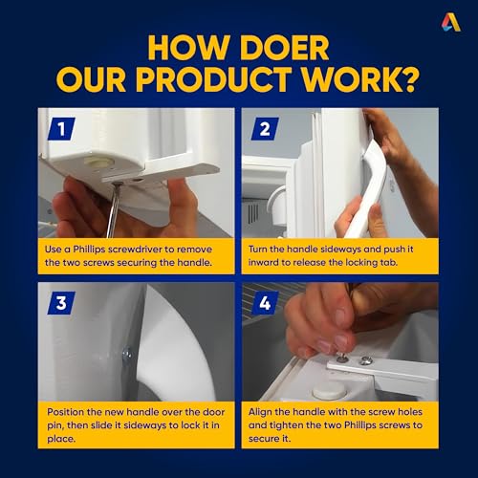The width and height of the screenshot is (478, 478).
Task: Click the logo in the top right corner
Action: point(451,23)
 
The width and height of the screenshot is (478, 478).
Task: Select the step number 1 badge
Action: point(61,129)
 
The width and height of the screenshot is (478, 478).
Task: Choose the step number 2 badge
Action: point(265,129)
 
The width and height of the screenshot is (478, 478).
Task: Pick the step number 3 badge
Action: point(61,303)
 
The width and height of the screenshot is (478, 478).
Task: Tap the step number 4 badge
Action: point(265,303)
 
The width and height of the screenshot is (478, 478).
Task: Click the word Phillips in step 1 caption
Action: point(89,250)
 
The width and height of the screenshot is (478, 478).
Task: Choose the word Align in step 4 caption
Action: point(260,412)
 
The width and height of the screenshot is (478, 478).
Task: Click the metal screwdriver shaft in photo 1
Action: point(113,211)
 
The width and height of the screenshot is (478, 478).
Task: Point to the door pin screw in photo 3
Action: point(127,353)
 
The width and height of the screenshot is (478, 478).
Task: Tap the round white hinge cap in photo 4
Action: point(326,391)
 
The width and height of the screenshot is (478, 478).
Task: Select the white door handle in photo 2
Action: point(365,189)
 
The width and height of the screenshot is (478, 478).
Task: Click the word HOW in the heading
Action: point(186,48)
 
